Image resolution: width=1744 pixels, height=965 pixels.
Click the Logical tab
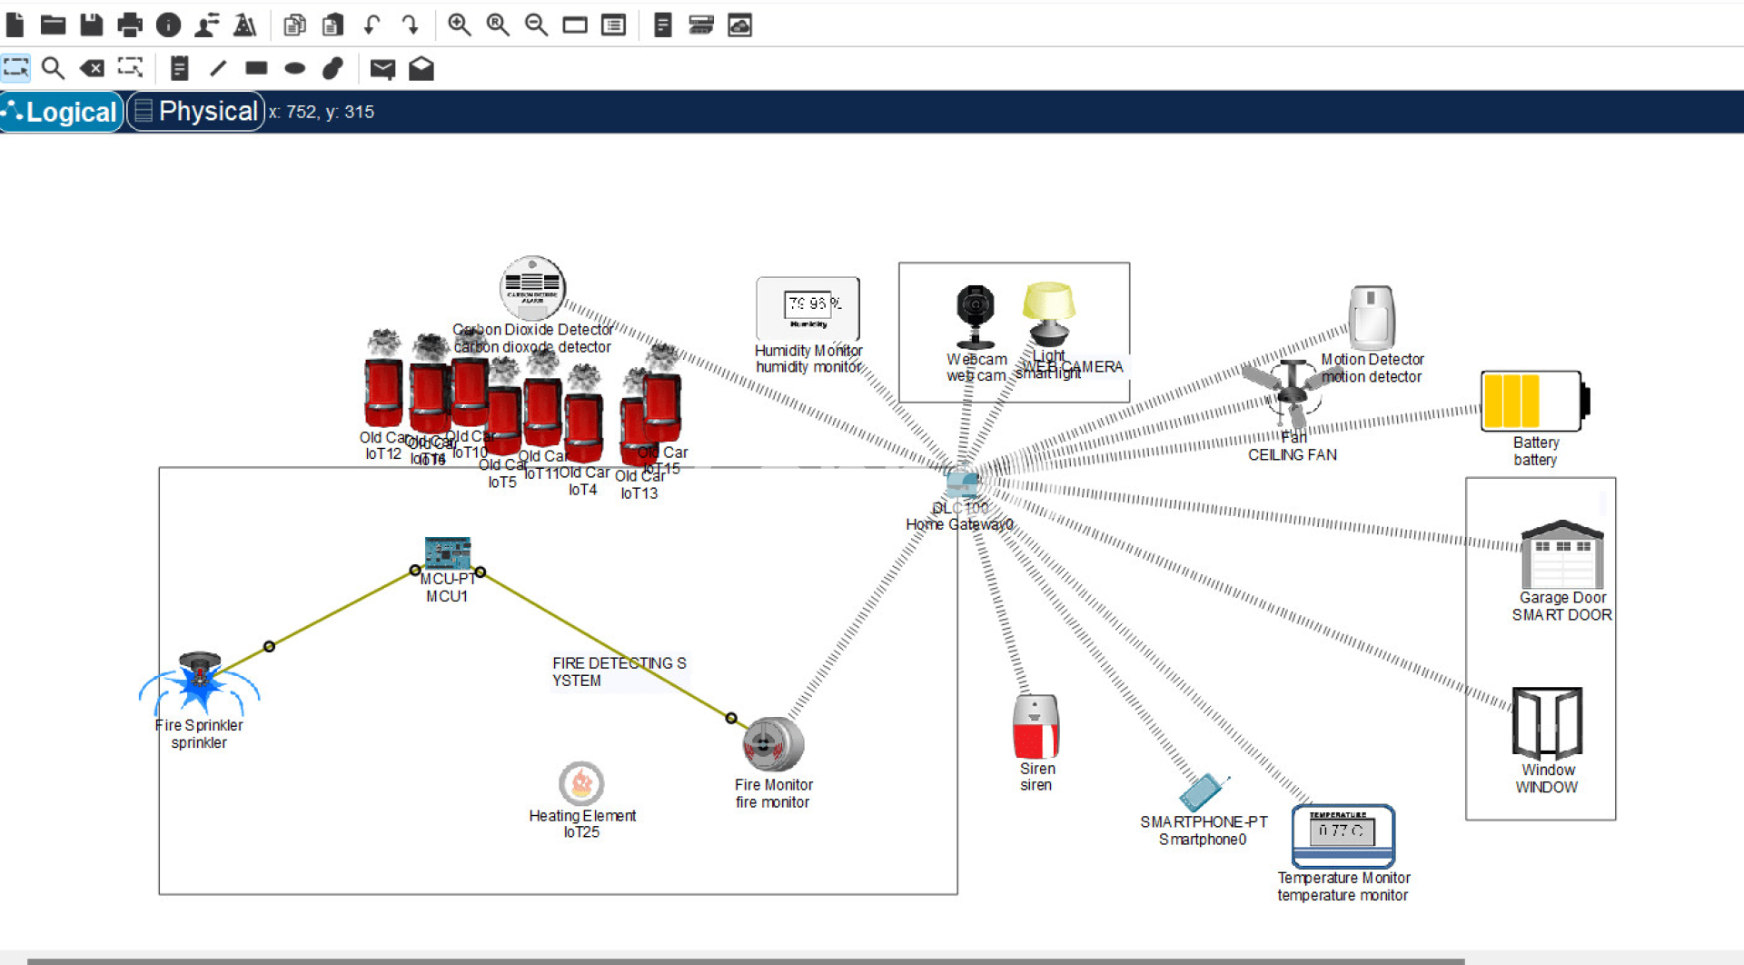click(62, 112)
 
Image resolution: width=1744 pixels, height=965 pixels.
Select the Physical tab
click(196, 112)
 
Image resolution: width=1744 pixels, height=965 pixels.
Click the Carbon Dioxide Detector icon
click(533, 288)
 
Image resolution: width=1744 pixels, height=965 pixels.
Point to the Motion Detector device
click(1371, 318)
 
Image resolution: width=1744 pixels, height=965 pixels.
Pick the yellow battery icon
click(1534, 401)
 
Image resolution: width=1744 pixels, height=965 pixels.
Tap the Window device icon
click(1547, 722)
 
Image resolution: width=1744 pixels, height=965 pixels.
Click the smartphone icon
click(1202, 792)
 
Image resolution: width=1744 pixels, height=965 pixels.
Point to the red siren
click(1035, 726)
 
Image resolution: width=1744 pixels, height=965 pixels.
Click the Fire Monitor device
click(773, 744)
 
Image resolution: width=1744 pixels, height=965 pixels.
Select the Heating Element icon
click(581, 782)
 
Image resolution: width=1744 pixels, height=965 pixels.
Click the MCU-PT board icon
click(447, 553)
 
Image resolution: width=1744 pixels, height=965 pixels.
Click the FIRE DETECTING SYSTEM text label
click(619, 672)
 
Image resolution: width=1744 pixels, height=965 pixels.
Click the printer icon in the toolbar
click(130, 25)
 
